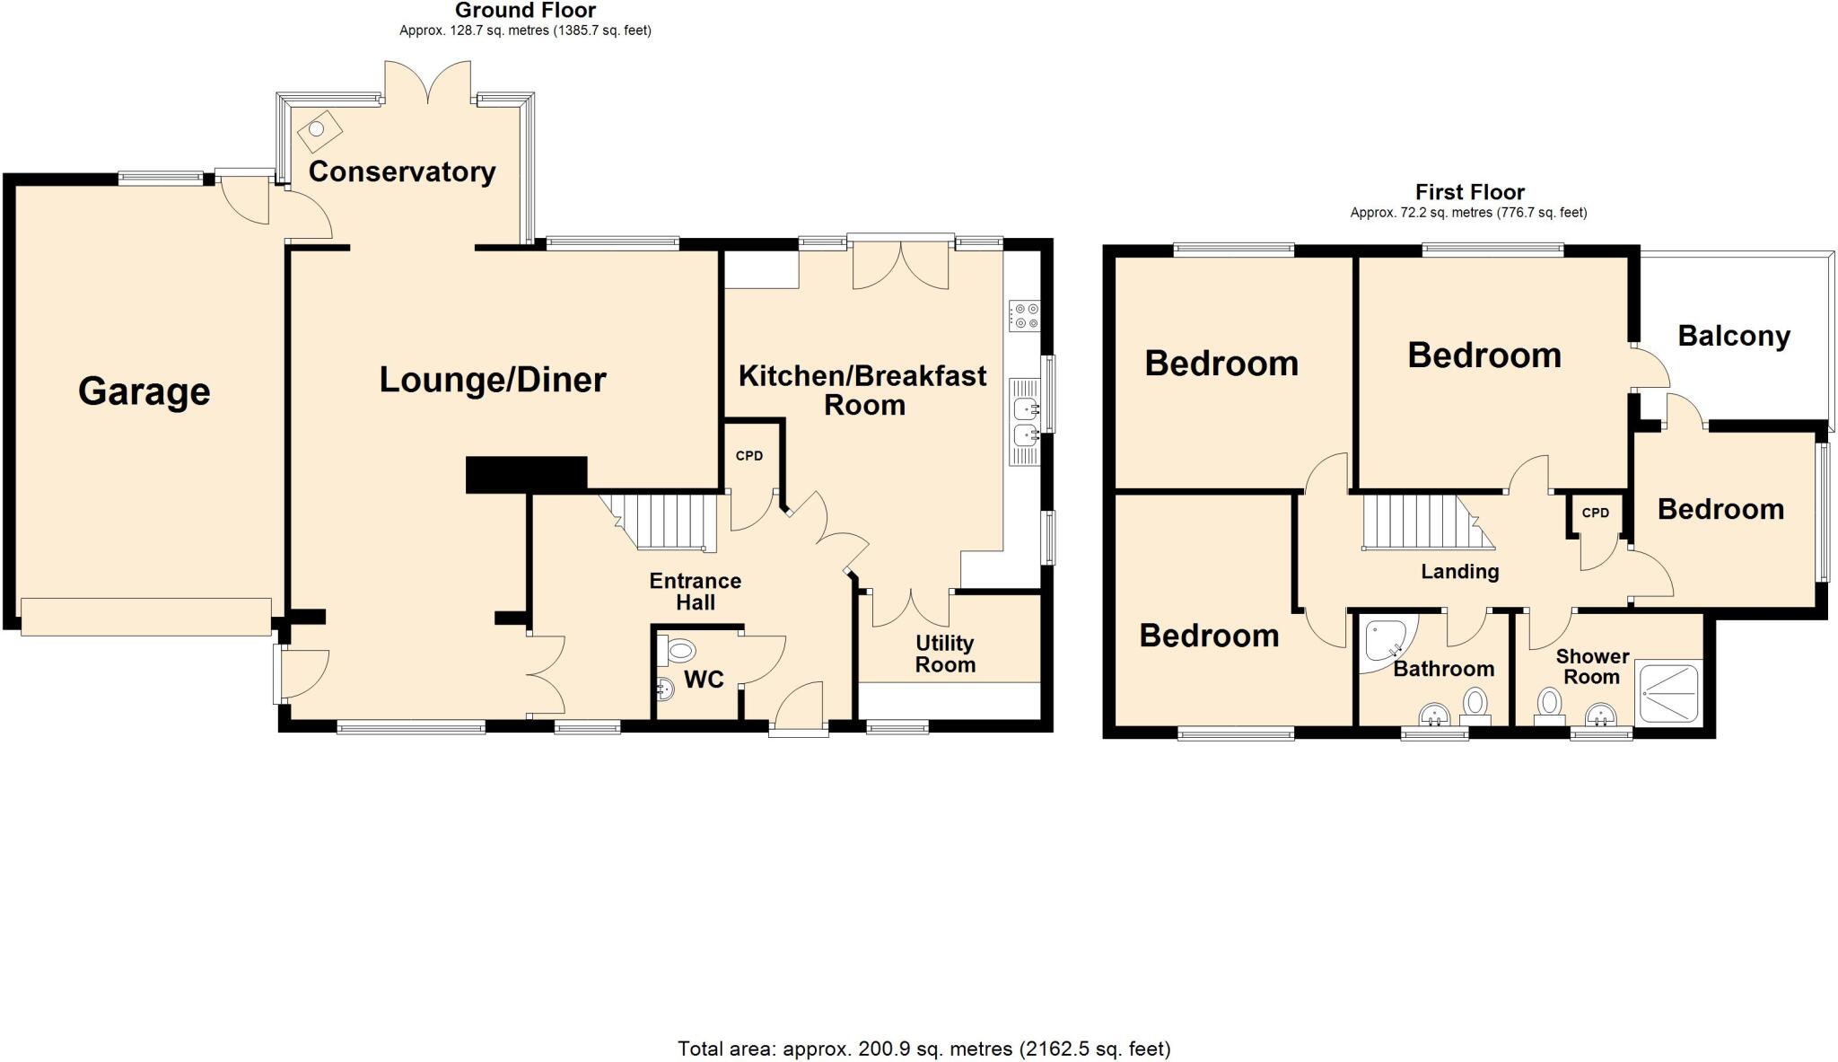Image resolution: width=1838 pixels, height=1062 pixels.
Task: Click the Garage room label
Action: click(144, 391)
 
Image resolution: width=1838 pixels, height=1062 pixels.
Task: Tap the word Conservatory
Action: click(401, 171)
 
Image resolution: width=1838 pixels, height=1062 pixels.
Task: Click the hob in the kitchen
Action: click(1024, 315)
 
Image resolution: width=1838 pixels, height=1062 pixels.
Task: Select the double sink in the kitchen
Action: click(1024, 422)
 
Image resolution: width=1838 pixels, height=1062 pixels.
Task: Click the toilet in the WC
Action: click(680, 649)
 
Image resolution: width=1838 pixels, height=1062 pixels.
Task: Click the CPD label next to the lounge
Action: click(749, 456)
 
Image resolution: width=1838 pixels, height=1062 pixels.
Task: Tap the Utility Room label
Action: click(945, 654)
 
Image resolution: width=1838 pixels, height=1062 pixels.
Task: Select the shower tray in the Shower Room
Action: click(1668, 693)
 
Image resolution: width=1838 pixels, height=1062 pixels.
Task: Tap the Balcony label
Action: click(1734, 336)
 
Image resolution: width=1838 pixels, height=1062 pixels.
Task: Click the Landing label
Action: click(1459, 572)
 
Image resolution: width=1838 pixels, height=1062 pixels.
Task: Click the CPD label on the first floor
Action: click(1595, 513)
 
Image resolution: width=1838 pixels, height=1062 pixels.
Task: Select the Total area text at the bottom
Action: click(923, 1049)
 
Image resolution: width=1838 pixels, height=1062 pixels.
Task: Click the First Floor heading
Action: click(1469, 192)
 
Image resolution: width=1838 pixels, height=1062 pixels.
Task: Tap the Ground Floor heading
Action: click(525, 11)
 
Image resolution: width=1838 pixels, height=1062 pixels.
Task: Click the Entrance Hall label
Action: click(696, 592)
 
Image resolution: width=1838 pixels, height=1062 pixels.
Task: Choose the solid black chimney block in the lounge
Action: click(526, 474)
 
